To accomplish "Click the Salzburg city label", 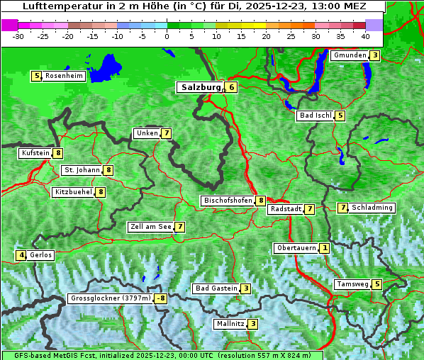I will (199, 87).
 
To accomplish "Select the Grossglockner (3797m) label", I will (111, 299).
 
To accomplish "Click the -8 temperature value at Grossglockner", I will (161, 299).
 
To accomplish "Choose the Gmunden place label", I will (349, 55).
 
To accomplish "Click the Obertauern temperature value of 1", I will (324, 248).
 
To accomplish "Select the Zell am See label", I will (150, 227).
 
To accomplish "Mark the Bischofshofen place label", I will (228, 201).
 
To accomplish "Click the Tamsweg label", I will (352, 284).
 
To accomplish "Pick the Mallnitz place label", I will (230, 324).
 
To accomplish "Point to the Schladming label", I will (372, 208).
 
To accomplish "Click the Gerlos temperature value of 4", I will (22, 255).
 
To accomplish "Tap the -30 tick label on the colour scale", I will (18, 36).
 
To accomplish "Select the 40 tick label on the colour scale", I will (365, 36).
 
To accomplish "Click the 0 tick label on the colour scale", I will (167, 36).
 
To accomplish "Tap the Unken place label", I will (147, 133).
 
